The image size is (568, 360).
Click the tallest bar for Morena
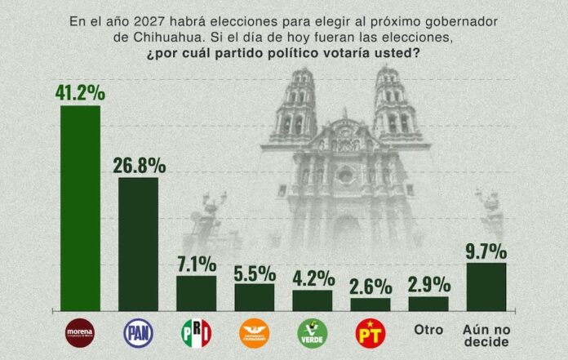pos(81,208)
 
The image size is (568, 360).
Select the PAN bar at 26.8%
pos(139,243)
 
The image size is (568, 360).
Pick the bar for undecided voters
pos(486,287)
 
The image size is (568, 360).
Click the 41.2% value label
pos(81,92)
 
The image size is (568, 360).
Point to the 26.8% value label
pos(139,165)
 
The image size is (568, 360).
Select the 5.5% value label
pos(255,271)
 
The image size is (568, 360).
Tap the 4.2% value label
pos(313,278)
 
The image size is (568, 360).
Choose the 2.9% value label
pos(428,285)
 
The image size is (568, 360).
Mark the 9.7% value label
pos(486,251)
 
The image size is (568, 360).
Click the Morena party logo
pos(81,332)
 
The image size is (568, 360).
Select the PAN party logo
pos(139,332)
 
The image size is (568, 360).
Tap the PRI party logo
pos(197,332)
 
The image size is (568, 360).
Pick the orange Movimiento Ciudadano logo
pos(255,332)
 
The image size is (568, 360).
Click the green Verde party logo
pos(313,332)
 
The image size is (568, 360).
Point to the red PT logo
pos(371,332)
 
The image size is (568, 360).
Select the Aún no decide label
pos(486,335)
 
